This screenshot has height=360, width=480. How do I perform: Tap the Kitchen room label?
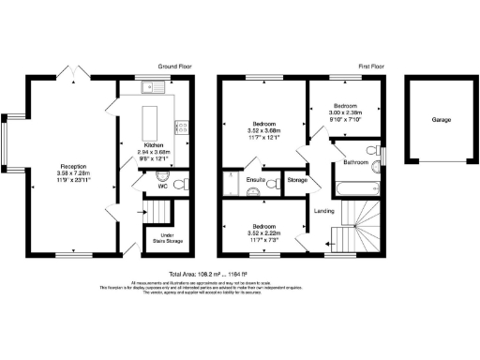[x=154, y=145]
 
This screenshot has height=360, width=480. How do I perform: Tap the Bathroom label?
[x=355, y=162]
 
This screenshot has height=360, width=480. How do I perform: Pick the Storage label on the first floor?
[x=297, y=179]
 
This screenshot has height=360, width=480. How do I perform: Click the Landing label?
[x=323, y=210]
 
